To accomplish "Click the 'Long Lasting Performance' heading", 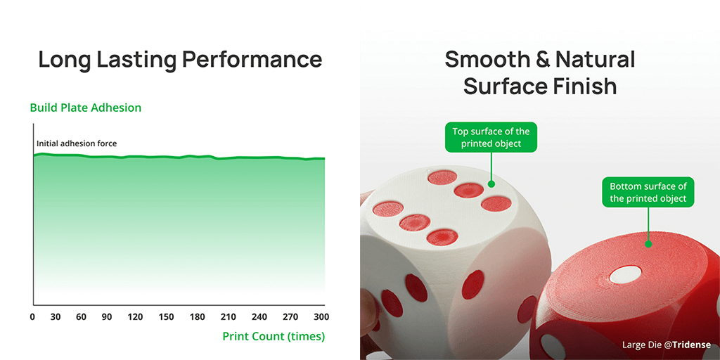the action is tap(180, 60).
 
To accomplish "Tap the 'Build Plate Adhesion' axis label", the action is tap(85, 108).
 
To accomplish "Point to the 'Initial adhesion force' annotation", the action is tap(77, 143).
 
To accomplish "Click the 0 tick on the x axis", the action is tap(32, 317).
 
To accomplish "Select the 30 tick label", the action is tap(56, 317).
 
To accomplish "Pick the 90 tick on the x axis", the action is tap(107, 317).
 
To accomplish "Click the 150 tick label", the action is tap(166, 317).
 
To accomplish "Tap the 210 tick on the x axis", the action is tap(229, 317).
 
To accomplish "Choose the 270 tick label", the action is tap(290, 317).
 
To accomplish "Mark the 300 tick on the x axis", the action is tap(321, 317).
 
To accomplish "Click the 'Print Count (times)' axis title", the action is tap(274, 337).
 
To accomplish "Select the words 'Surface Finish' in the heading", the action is tap(540, 86).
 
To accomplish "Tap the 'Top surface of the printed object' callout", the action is tap(491, 137).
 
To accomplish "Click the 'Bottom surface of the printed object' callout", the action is tap(648, 193).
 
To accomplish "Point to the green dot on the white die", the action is tap(491, 184).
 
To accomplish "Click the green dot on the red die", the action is tap(648, 244).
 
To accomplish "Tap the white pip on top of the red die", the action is tap(625, 274).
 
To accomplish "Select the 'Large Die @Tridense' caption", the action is tap(667, 345).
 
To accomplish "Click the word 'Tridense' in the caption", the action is tap(690, 345).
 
